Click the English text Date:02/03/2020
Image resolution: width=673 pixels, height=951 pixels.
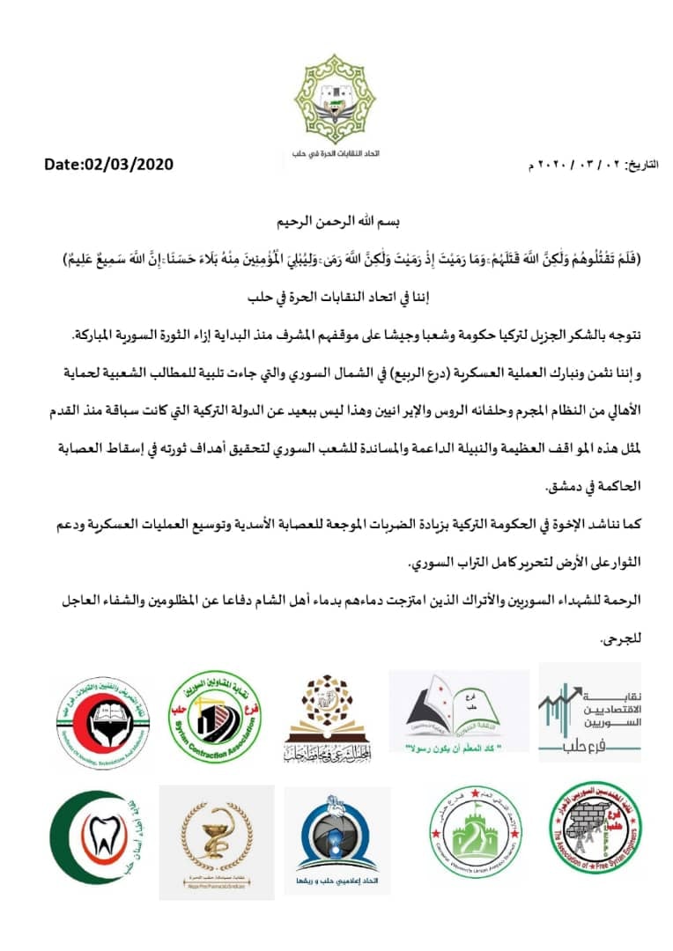109,164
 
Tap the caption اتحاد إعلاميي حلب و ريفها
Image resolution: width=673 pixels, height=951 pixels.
336,880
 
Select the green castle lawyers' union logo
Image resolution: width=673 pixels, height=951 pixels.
463,834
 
